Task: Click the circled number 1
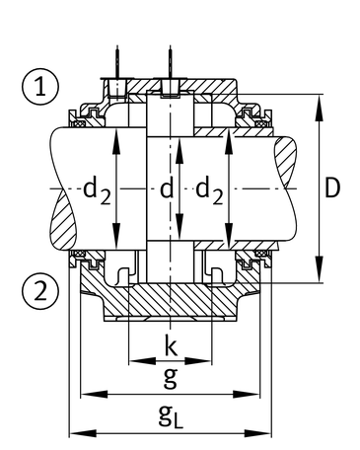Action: [x=40, y=87]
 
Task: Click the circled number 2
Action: [x=40, y=292]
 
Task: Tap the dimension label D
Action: [x=332, y=188]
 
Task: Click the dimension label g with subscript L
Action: [x=171, y=416]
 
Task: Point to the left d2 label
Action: [x=97, y=192]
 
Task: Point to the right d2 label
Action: [x=209, y=192]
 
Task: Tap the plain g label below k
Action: [x=171, y=378]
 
